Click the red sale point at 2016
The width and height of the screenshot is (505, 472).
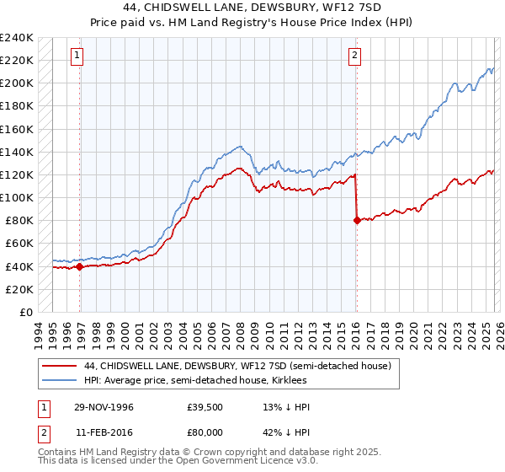pos(357,221)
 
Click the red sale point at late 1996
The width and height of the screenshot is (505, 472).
pos(80,267)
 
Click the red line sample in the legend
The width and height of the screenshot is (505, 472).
pos(60,367)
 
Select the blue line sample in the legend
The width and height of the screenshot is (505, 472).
pos(60,381)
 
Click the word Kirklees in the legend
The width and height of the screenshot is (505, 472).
pos(300,381)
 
